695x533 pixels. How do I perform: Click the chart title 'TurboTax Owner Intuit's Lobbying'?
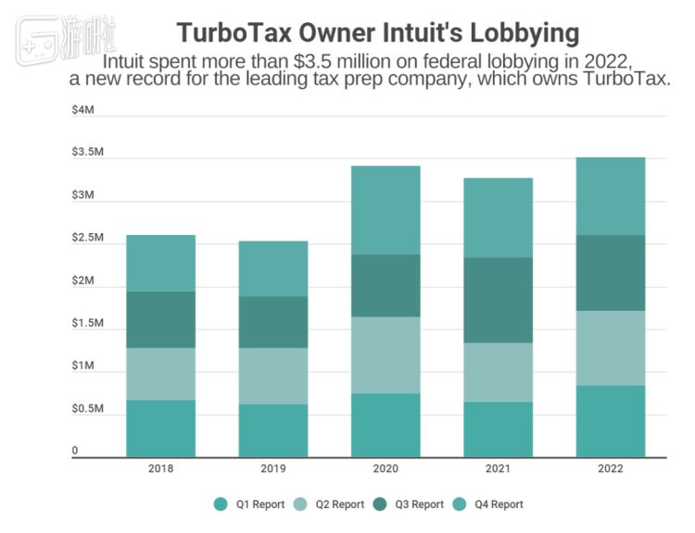click(x=378, y=33)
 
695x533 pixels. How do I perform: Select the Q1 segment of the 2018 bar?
click(x=160, y=428)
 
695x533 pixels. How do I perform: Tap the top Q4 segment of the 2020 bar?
click(x=385, y=210)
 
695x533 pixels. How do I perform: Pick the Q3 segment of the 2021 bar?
click(x=498, y=300)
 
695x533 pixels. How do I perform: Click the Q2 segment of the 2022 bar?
click(x=610, y=348)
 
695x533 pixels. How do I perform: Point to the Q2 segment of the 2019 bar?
click(x=273, y=376)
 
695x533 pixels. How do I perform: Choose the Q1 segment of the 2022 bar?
click(x=610, y=420)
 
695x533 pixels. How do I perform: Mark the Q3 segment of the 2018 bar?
click(x=160, y=319)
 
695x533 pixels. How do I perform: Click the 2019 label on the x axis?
click(x=273, y=469)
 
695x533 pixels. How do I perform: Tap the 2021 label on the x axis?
click(x=498, y=469)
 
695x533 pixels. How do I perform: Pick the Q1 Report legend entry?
click(x=248, y=504)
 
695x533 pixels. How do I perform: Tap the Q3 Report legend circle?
click(x=380, y=504)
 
